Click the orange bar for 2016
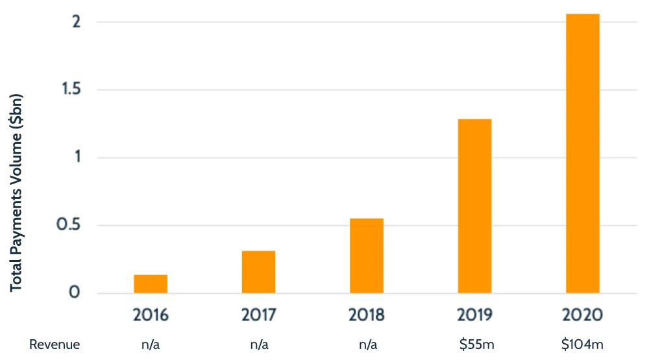pyautogui.click(x=151, y=284)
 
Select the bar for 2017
pyautogui.click(x=258, y=272)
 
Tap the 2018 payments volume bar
pyautogui.click(x=366, y=256)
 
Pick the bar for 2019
pyautogui.click(x=474, y=206)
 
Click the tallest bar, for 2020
pyautogui.click(x=582, y=154)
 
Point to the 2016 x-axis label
pyautogui.click(x=151, y=315)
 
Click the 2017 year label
pyautogui.click(x=258, y=315)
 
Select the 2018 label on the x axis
pyautogui.click(x=366, y=315)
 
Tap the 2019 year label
pyautogui.click(x=474, y=315)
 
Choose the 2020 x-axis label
pyautogui.click(x=582, y=315)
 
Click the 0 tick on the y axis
pyautogui.click(x=75, y=293)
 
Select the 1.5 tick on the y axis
pyautogui.click(x=69, y=90)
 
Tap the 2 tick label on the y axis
pyautogui.click(x=76, y=22)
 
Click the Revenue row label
pyautogui.click(x=55, y=345)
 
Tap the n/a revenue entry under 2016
pyautogui.click(x=151, y=345)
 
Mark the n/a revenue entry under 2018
pyautogui.click(x=366, y=345)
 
